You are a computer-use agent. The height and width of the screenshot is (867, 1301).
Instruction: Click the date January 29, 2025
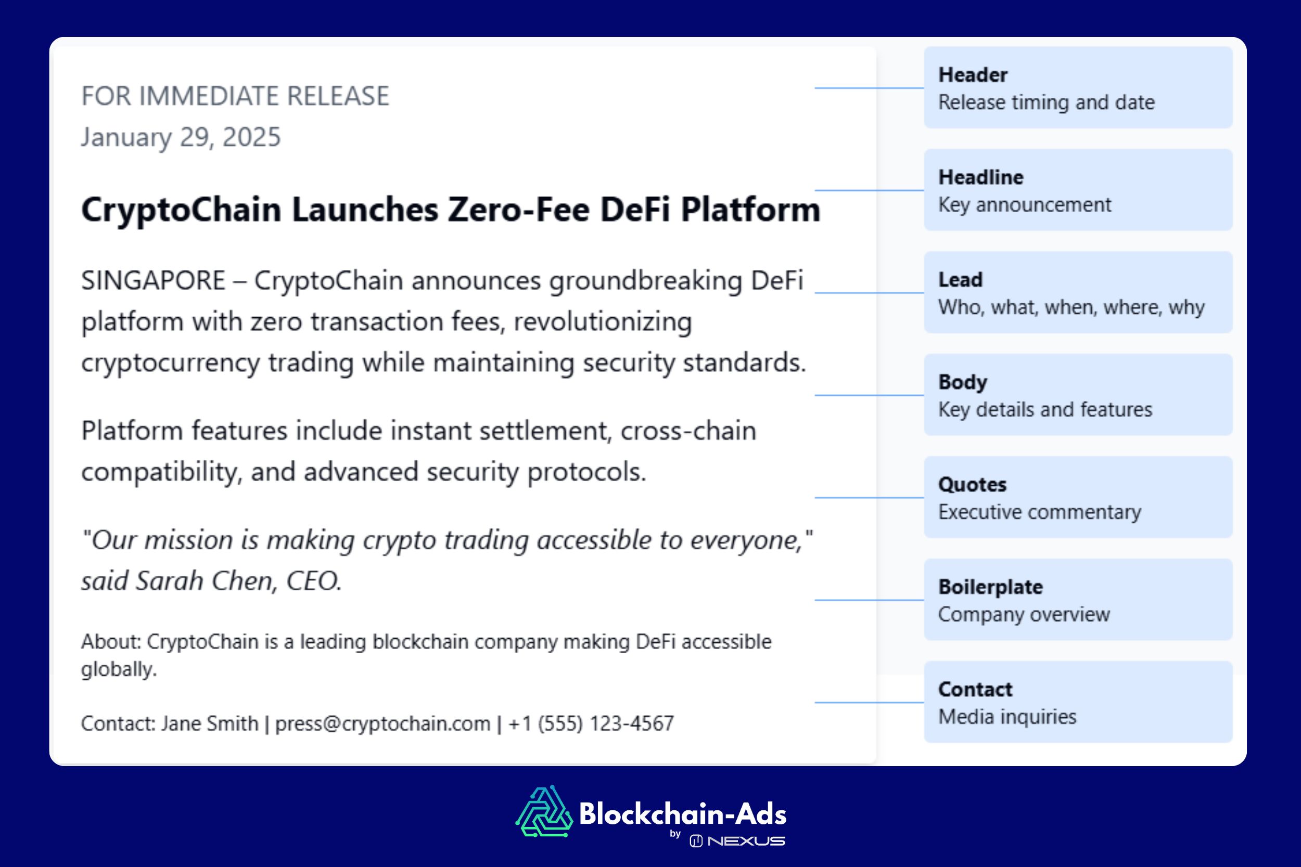tap(181, 137)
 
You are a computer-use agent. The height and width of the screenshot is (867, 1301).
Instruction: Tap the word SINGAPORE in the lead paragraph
tap(153, 280)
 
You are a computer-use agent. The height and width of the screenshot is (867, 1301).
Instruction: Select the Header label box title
tap(973, 75)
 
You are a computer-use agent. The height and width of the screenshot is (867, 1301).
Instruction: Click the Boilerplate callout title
tap(990, 587)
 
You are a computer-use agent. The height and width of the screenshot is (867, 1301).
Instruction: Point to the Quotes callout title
tap(972, 484)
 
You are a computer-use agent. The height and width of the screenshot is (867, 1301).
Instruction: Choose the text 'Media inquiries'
tap(1007, 717)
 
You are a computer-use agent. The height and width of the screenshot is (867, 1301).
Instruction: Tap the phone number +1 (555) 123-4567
tap(591, 723)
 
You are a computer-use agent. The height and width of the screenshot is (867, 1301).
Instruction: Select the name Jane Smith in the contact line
tap(210, 723)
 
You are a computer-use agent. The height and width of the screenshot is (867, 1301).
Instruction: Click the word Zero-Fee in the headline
tap(518, 210)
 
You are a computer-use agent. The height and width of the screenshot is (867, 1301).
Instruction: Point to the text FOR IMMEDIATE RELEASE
tap(235, 96)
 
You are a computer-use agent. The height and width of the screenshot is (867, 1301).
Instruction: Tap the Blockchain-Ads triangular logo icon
tap(544, 812)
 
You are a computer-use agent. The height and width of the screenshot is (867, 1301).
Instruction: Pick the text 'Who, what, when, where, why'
tap(1071, 307)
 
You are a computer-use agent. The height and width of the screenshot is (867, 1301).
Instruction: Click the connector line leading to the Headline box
tap(869, 190)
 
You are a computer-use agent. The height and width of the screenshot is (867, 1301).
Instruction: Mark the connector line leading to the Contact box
tap(869, 702)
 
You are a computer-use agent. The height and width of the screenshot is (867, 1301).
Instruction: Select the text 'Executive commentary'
tap(1039, 512)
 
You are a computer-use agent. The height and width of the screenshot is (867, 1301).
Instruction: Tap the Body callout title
tap(962, 382)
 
